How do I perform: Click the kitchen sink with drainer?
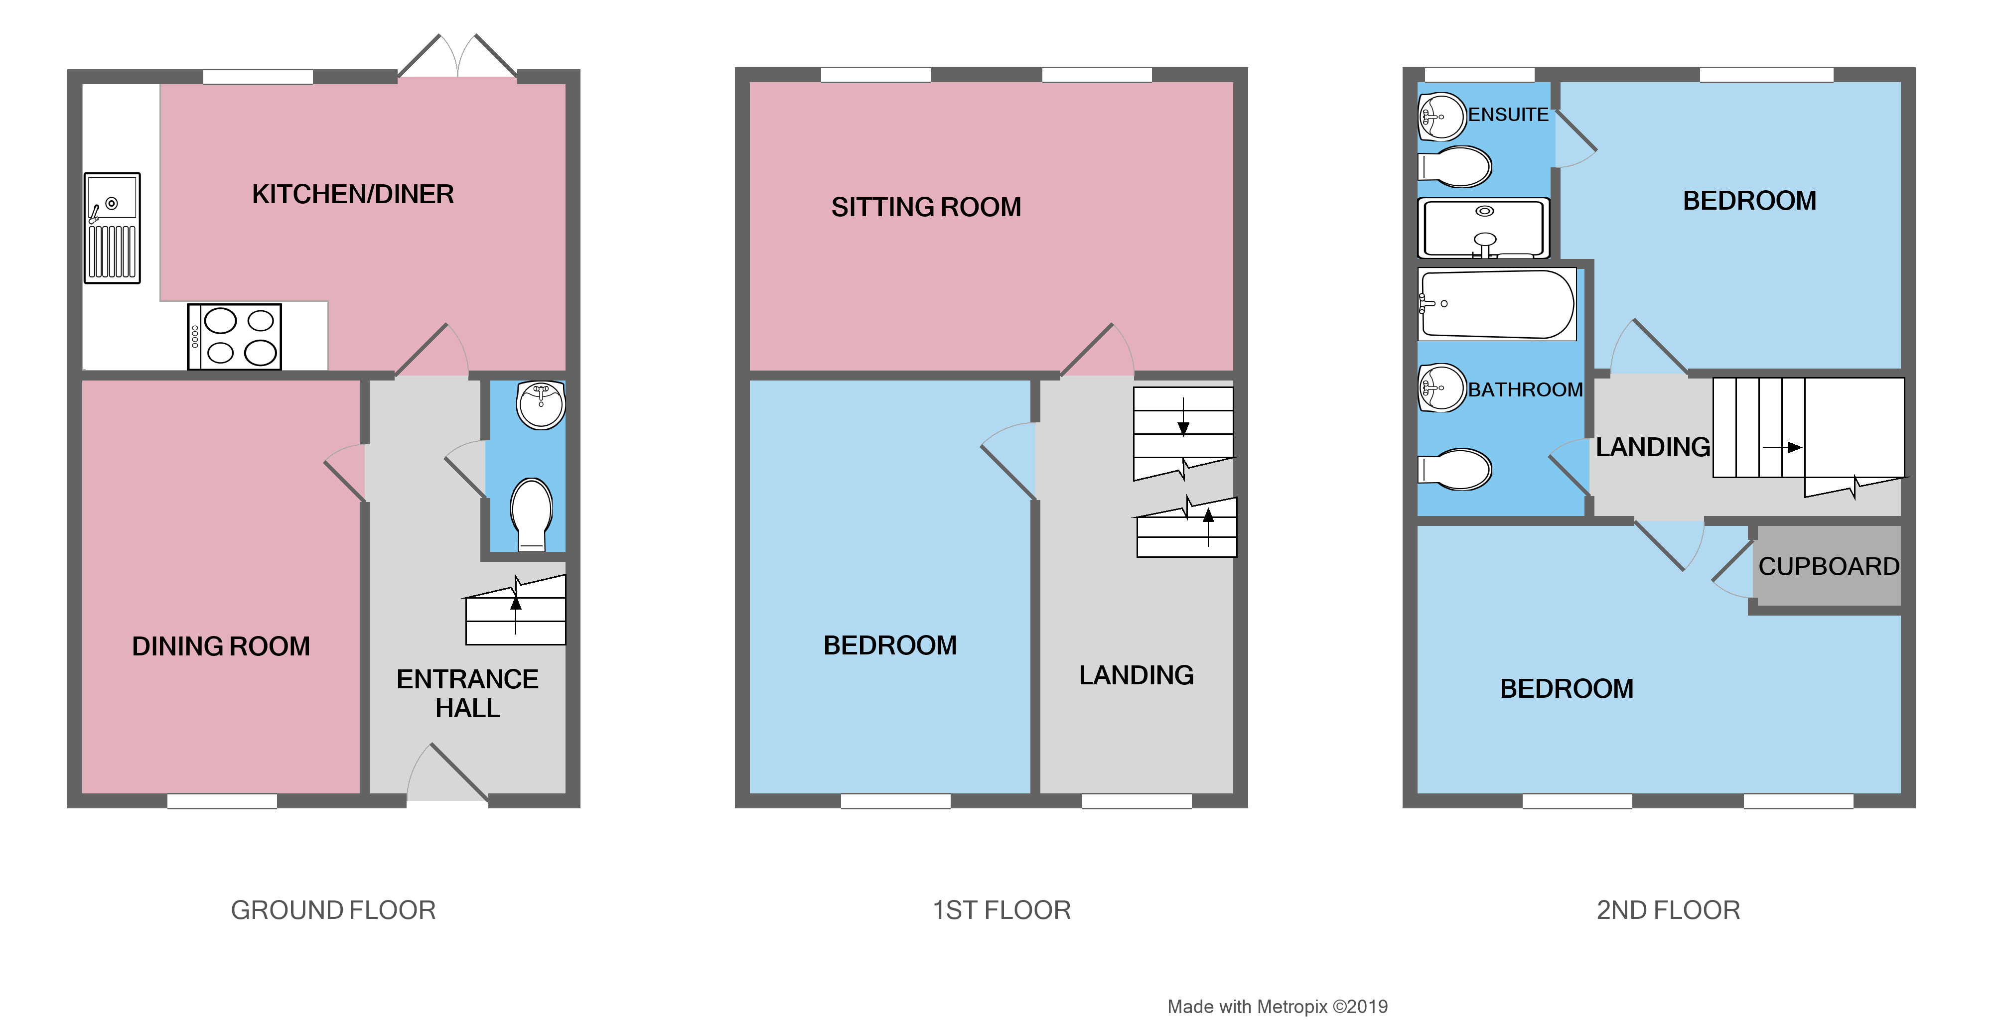pyautogui.click(x=112, y=228)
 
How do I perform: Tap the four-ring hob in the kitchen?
pyautogui.click(x=235, y=337)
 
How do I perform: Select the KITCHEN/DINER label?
pyautogui.click(x=352, y=194)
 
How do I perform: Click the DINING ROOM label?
pyautogui.click(x=221, y=646)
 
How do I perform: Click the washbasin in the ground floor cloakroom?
pyautogui.click(x=541, y=404)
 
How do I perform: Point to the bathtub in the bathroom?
pyautogui.click(x=1496, y=304)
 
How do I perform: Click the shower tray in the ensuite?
pyautogui.click(x=1483, y=228)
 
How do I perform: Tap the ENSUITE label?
pyautogui.click(x=1508, y=114)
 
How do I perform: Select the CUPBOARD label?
pyautogui.click(x=1828, y=566)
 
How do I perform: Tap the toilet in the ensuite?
pyautogui.click(x=1455, y=166)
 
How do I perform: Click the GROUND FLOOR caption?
pyautogui.click(x=333, y=909)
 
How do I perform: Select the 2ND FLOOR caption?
pyautogui.click(x=1668, y=909)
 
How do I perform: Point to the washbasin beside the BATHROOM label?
pyautogui.click(x=1441, y=387)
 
